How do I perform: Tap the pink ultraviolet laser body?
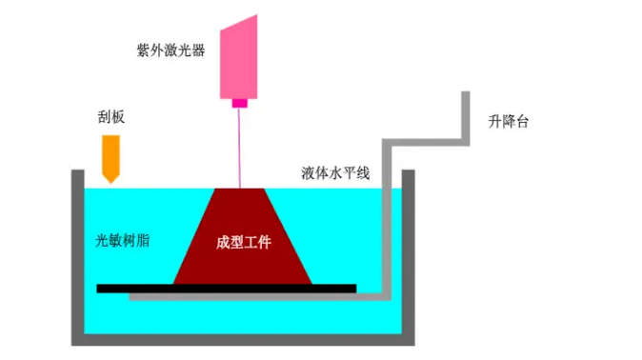(x=245, y=58)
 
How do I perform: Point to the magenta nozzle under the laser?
(x=239, y=102)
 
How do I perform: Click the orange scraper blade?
(x=111, y=153)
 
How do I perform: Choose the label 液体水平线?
(x=335, y=173)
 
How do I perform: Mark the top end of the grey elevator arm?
(x=467, y=95)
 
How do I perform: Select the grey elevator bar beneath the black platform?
(x=257, y=297)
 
